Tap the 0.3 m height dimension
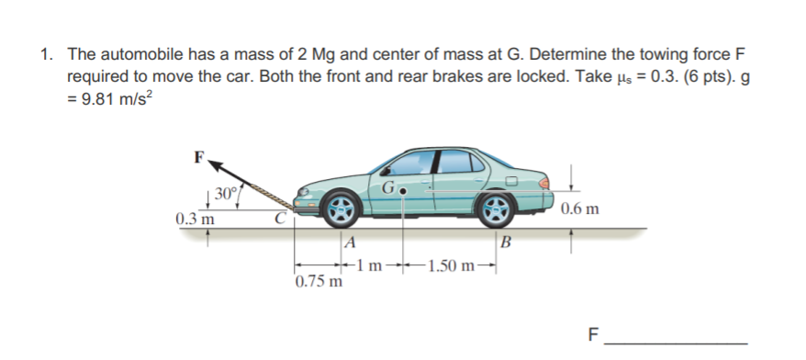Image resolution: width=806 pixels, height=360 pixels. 195,220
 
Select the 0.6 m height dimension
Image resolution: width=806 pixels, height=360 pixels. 582,208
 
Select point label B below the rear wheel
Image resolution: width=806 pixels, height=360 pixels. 507,242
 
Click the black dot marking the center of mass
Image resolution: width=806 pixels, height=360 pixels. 404,195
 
